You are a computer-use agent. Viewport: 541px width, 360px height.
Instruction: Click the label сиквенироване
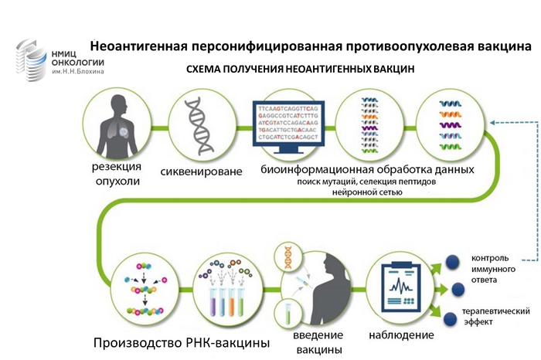coord(202,171)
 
